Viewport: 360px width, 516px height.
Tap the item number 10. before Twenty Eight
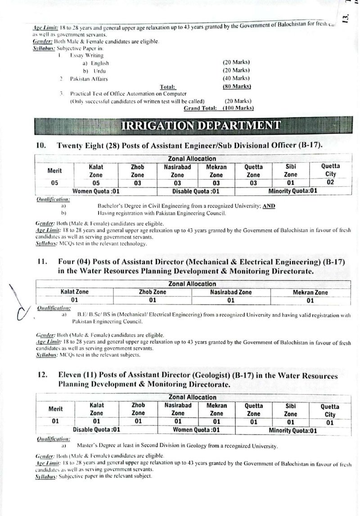[x=41, y=146]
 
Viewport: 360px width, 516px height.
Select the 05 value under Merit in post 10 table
[x=54, y=183]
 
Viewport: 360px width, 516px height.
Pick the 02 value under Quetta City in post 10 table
[x=330, y=183]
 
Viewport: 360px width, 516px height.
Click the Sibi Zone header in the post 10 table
[x=291, y=171]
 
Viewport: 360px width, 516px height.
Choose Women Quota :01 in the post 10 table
[x=96, y=191]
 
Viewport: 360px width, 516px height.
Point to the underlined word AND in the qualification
[x=270, y=206]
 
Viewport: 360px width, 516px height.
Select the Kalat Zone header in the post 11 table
[x=75, y=292]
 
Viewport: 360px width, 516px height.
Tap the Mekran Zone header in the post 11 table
[x=310, y=292]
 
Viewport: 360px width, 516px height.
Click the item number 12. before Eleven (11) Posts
[x=41, y=376]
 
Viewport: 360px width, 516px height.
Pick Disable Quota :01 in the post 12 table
[x=96, y=430]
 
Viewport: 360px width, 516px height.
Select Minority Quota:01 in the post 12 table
[x=293, y=431]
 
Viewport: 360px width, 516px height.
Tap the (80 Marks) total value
[x=237, y=86]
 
